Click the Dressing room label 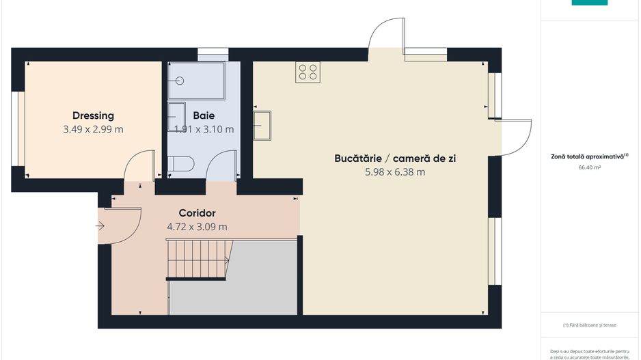[93, 115]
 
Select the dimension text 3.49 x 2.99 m [93, 129]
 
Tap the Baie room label [204, 115]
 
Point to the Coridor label [197, 213]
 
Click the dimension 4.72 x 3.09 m [197, 227]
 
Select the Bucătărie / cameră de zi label [395, 158]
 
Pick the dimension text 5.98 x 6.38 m [395, 172]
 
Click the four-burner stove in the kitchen [308, 72]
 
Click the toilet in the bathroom [181, 164]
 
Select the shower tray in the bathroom [197, 81]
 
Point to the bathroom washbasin [176, 117]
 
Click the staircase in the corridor [197, 259]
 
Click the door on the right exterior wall [516, 137]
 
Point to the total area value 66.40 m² [589, 167]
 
